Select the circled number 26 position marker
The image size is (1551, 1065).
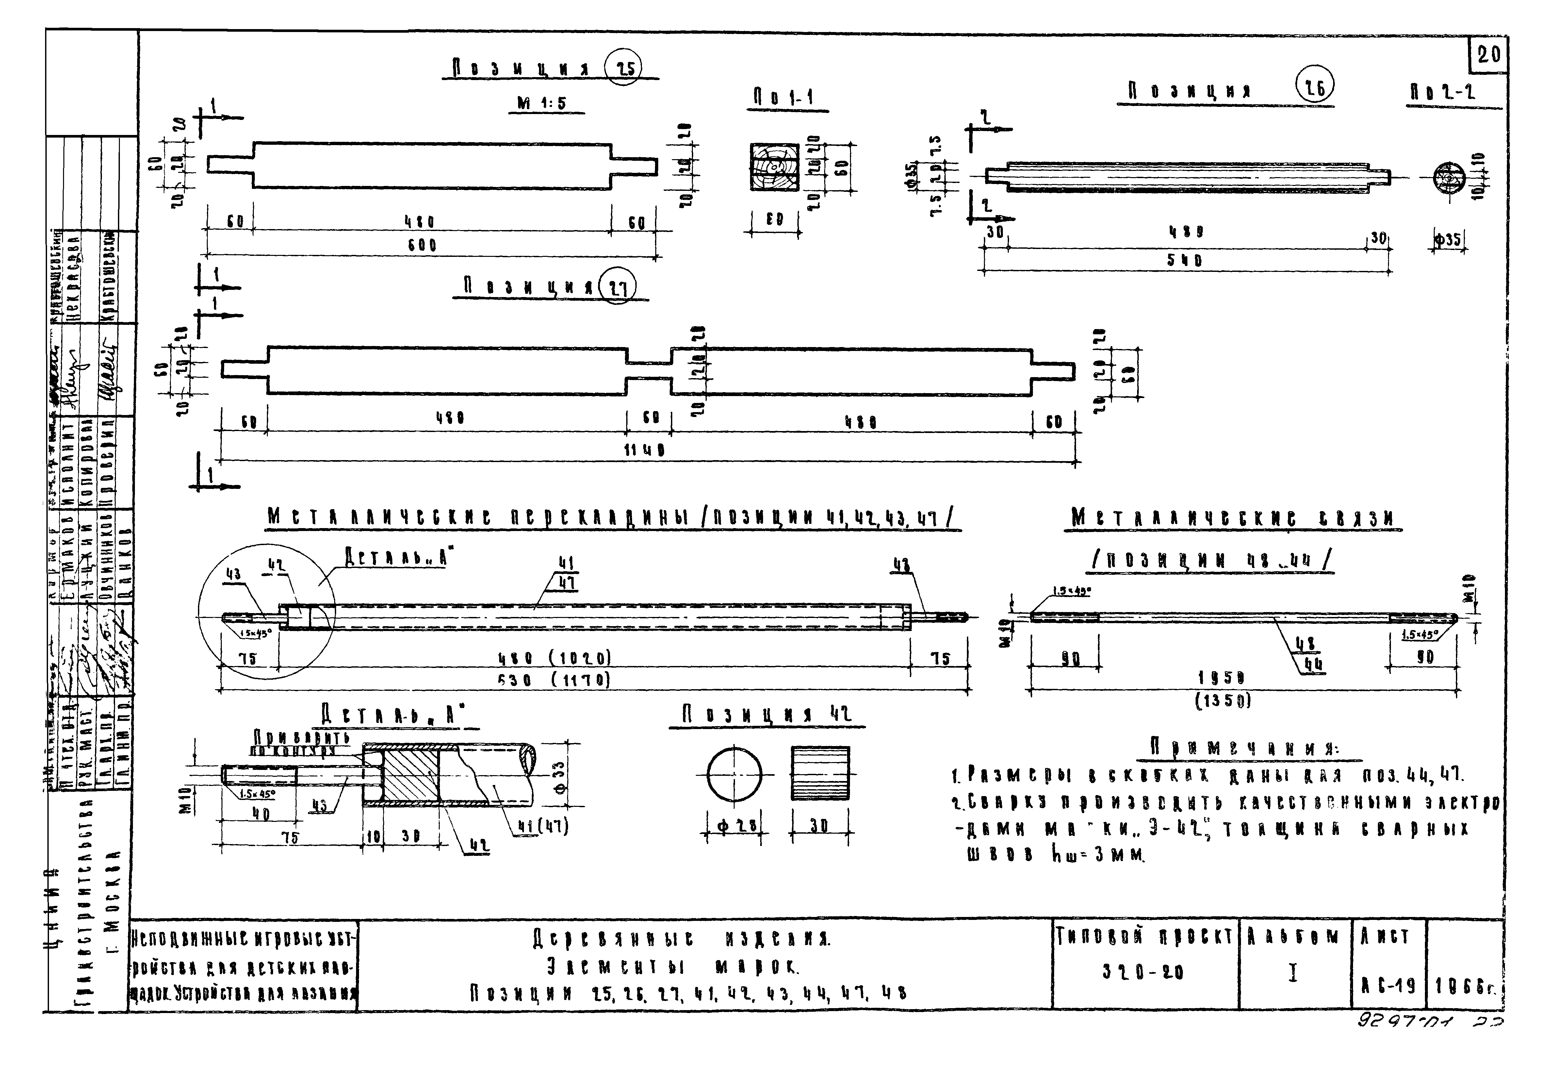tap(1315, 88)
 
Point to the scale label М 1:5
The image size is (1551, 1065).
tap(541, 104)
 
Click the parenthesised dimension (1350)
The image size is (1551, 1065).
tap(1223, 700)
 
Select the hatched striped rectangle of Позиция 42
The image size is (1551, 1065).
tap(820, 773)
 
